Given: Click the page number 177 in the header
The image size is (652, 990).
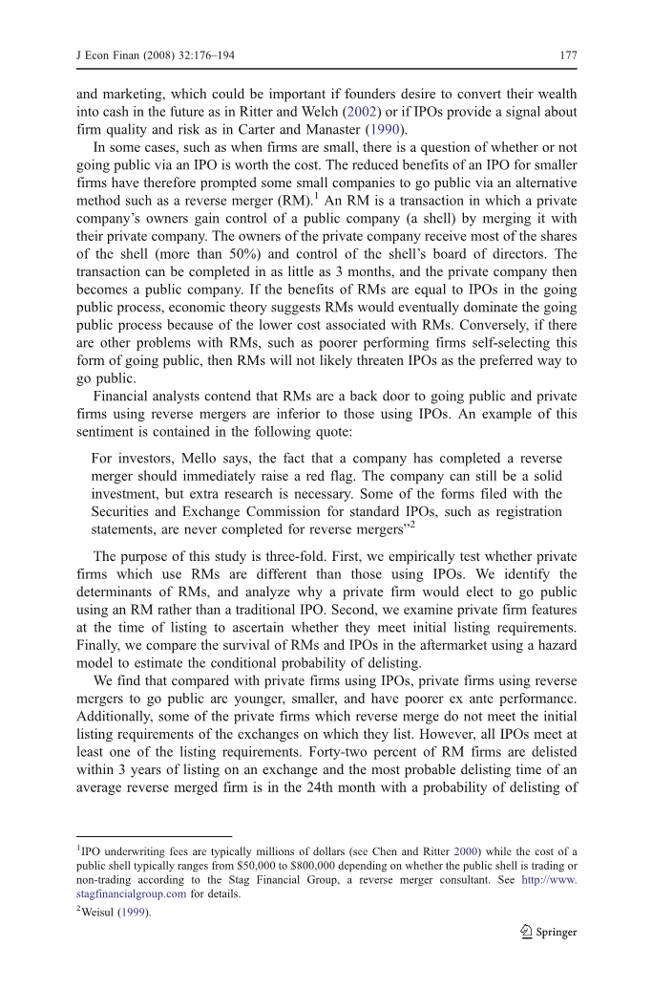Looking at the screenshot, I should pyautogui.click(x=568, y=55).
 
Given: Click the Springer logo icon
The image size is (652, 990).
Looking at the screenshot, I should pyautogui.click(x=526, y=933).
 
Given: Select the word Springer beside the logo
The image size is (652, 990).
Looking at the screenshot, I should pyautogui.click(x=557, y=933).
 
